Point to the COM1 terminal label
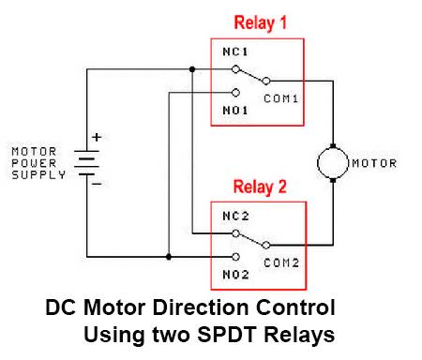280,97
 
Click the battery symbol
88,161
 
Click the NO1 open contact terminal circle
235,92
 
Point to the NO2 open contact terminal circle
235,255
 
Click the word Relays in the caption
300,333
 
